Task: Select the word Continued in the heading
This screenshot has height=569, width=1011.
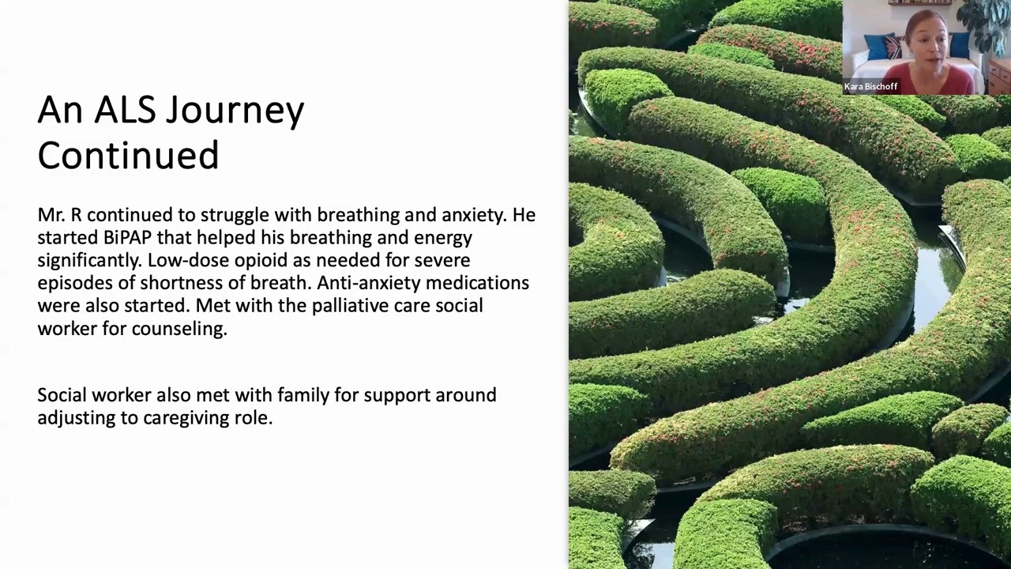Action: click(128, 155)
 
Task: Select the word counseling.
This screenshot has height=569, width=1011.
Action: click(179, 328)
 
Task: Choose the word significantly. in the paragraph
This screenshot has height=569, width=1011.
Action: click(89, 260)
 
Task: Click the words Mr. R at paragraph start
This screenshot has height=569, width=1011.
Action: click(59, 214)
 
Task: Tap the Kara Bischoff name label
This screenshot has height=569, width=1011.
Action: click(870, 87)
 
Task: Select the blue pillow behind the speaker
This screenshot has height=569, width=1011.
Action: click(878, 47)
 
